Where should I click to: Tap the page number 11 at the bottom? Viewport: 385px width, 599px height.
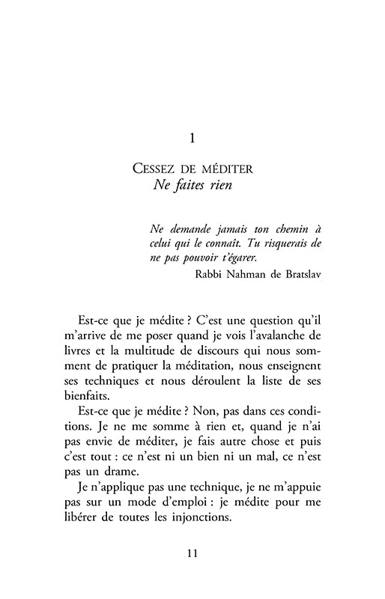(x=192, y=554)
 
